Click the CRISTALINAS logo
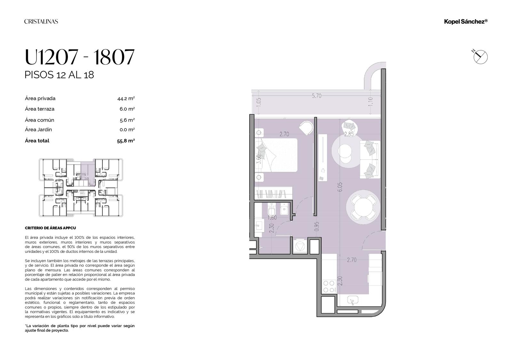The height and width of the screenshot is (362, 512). coord(41,21)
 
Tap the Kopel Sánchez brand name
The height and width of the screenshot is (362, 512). coord(466,21)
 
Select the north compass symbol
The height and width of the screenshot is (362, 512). coord(480,57)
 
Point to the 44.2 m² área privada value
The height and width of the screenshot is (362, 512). coord(126,99)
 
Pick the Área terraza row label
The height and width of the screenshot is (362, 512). coord(40,109)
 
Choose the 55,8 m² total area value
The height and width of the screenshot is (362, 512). coord(126,141)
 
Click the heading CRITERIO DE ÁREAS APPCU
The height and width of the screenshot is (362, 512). coord(50,228)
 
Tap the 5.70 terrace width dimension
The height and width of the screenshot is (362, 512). coord(316,96)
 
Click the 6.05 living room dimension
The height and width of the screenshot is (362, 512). coord(340,187)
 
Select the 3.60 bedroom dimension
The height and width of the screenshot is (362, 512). coord(259,159)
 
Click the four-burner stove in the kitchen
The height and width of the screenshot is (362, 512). coord(329,286)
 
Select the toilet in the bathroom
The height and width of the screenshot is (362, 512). coord(272,211)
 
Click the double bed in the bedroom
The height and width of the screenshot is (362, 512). coord(276,155)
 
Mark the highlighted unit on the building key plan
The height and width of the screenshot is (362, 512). coord(88,173)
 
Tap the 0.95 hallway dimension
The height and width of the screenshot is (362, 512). coord(316,226)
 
